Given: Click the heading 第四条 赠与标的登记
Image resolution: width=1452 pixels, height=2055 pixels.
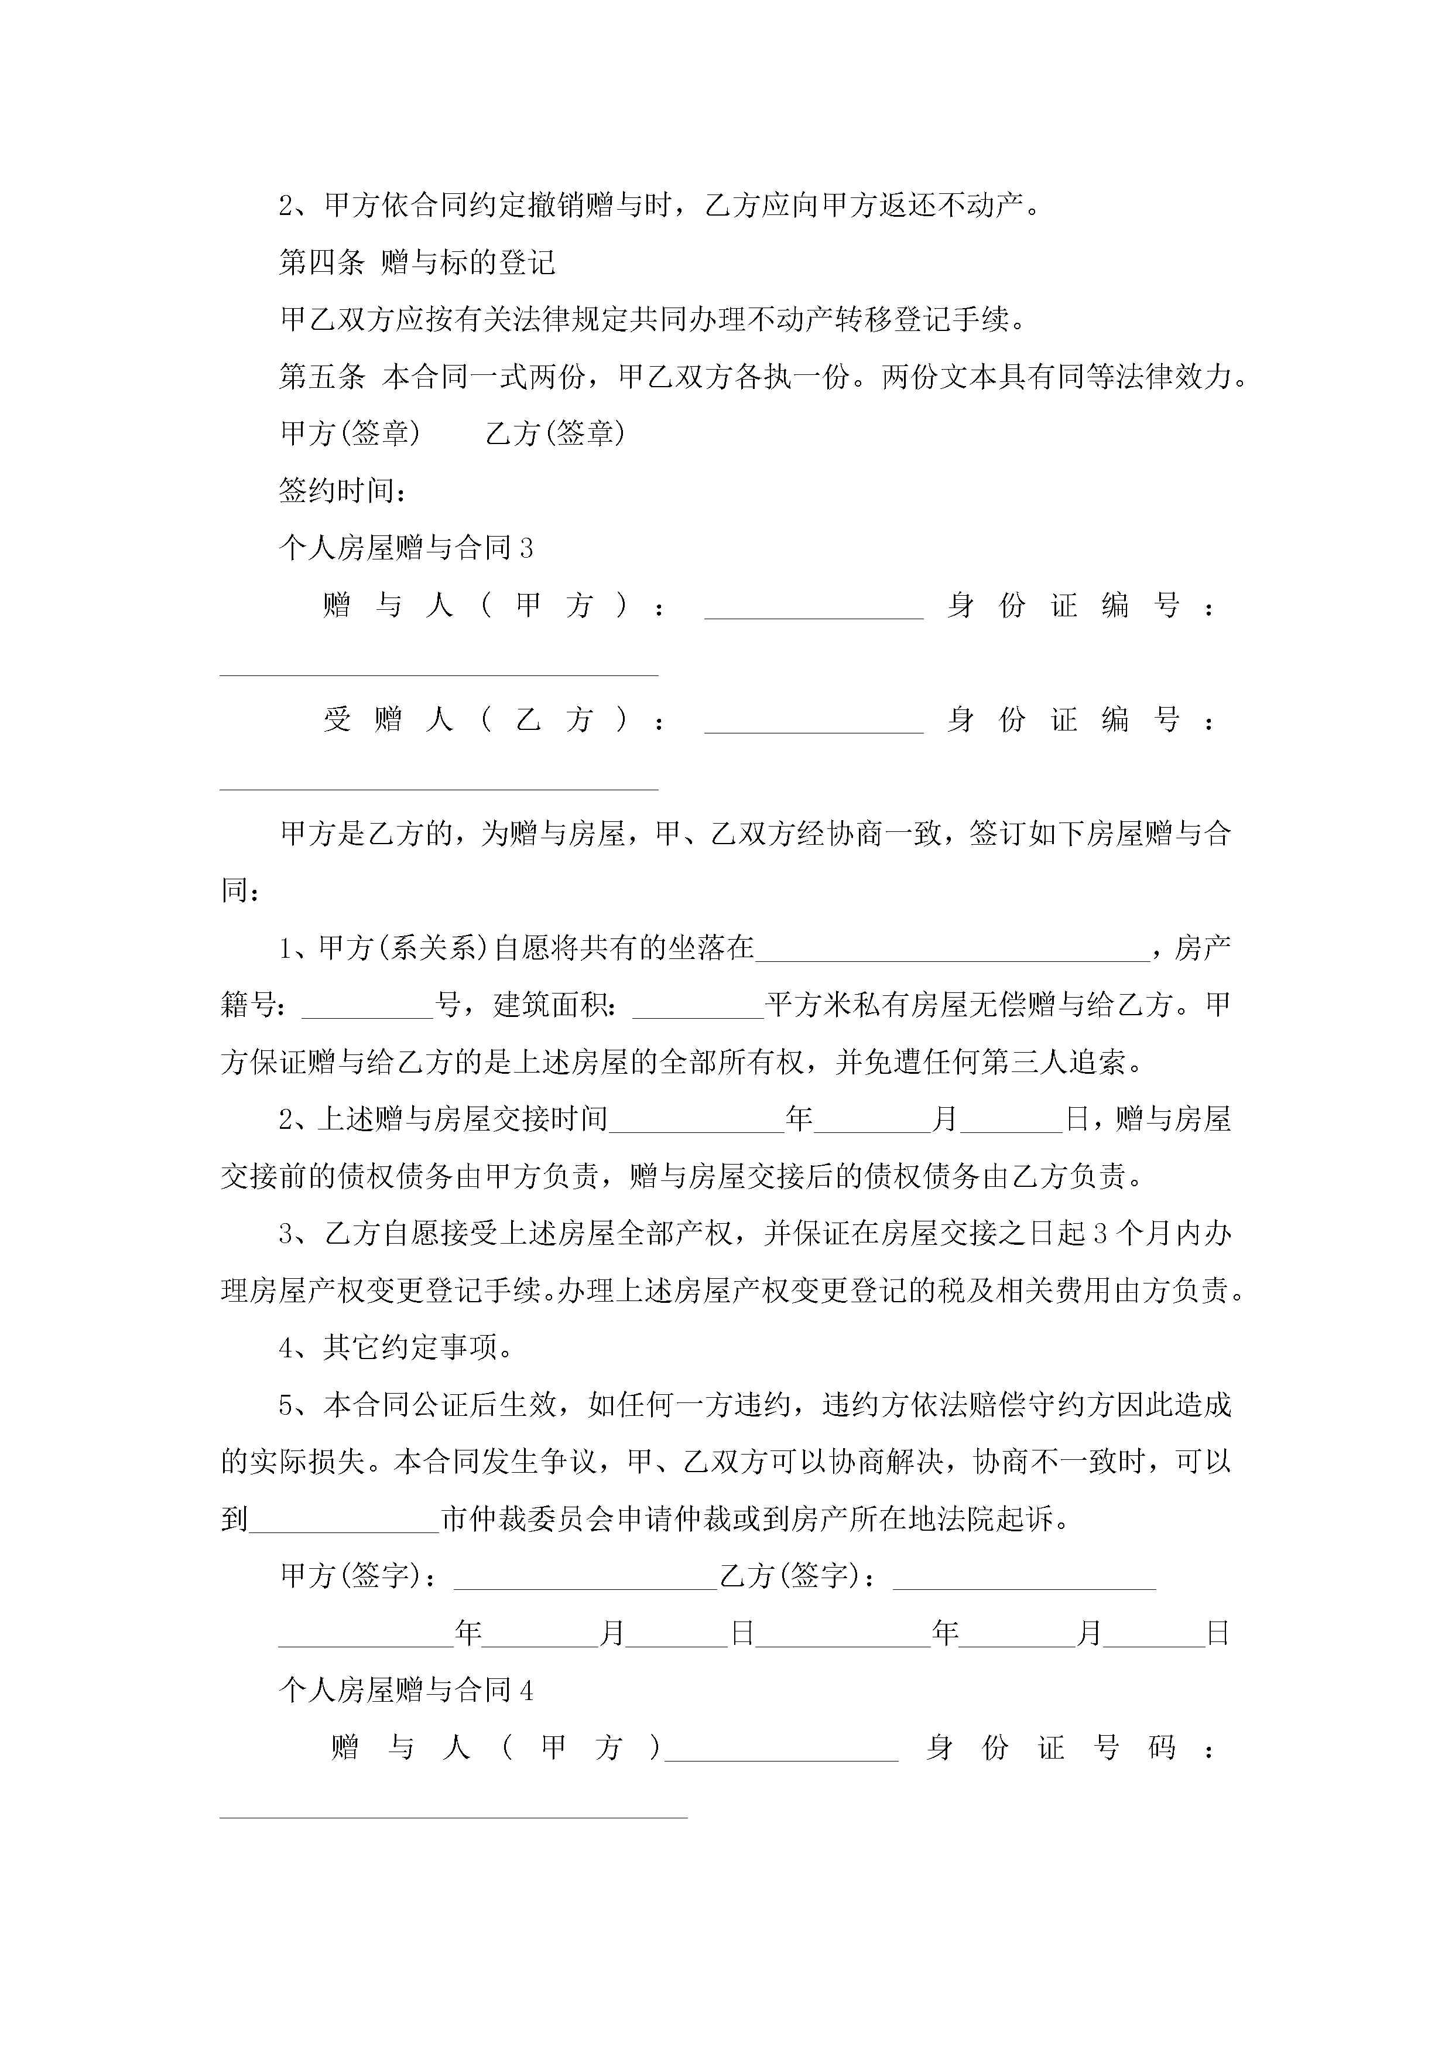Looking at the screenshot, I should [x=417, y=262].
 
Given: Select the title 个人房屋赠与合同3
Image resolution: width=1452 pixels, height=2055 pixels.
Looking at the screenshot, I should [x=406, y=548].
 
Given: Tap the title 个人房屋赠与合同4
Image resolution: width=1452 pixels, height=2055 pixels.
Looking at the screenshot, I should [x=406, y=1690].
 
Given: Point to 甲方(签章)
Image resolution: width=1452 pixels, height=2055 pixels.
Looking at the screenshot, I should [x=351, y=433].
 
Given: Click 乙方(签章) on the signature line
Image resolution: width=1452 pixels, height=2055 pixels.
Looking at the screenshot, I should [x=554, y=433].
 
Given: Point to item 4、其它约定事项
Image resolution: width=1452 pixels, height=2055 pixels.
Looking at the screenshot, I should [x=395, y=1348].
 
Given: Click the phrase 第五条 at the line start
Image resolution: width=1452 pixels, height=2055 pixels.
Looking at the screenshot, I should [x=322, y=377].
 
